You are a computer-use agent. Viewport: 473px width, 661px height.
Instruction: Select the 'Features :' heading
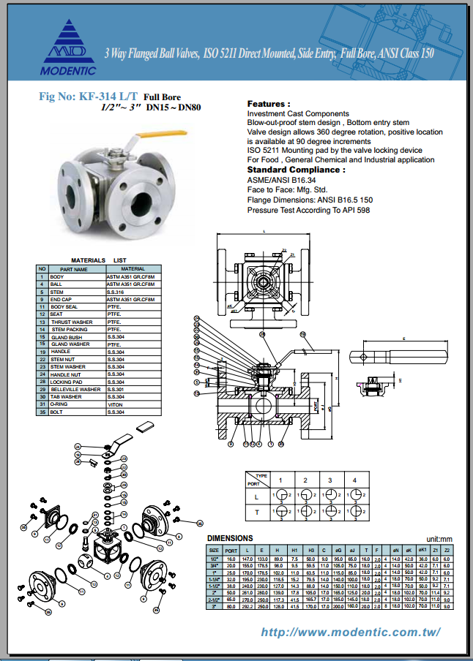[269, 104]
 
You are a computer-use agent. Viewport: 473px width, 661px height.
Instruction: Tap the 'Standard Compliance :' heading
[297, 169]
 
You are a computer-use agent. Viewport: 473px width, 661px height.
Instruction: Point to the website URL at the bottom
[351, 632]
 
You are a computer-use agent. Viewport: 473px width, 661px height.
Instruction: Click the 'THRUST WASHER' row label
[71, 322]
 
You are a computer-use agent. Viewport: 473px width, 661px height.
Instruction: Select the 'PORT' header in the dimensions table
[231, 548]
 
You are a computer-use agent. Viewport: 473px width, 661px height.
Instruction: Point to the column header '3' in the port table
[330, 480]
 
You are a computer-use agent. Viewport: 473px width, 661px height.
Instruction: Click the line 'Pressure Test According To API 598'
[308, 210]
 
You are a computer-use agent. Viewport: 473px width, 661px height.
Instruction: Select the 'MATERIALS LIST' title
[98, 260]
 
